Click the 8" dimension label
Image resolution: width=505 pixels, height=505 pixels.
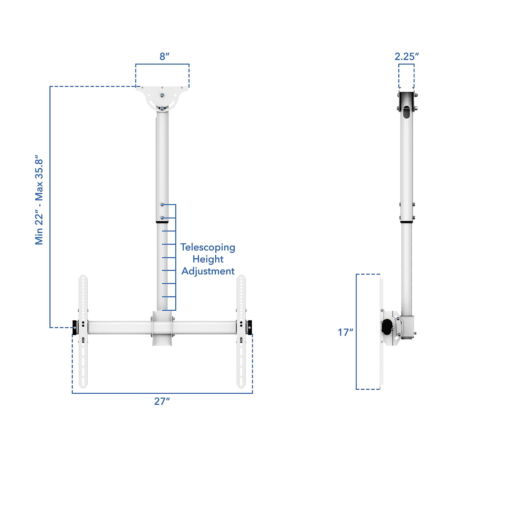(x=164, y=56)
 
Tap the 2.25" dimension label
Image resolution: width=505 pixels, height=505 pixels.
(x=407, y=56)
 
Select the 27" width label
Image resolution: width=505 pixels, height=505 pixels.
(x=162, y=401)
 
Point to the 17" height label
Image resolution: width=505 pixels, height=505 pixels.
(x=345, y=332)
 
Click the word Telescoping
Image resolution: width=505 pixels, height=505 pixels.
(x=208, y=247)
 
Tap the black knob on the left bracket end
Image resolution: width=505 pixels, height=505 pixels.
(x=75, y=327)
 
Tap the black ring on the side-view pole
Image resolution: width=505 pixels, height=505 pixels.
(x=407, y=222)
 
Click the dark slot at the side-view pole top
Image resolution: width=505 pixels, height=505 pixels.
(x=407, y=111)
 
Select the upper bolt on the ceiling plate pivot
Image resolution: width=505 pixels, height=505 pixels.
(x=163, y=95)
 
